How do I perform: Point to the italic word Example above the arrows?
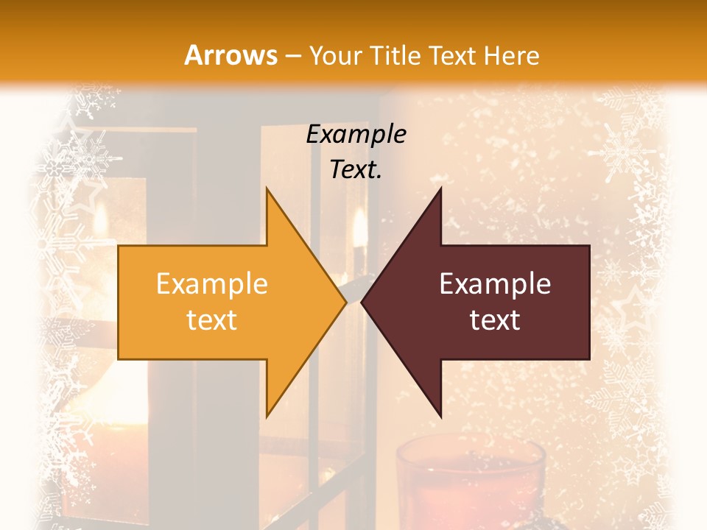tap(356, 135)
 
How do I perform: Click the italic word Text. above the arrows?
tap(356, 170)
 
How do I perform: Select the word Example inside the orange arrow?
tap(211, 284)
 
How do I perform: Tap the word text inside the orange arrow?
tap(211, 319)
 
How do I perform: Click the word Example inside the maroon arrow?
tap(495, 284)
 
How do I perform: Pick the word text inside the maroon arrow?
tap(495, 319)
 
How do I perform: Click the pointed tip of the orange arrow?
tap(345, 303)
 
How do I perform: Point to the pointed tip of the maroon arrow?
tap(363, 303)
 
